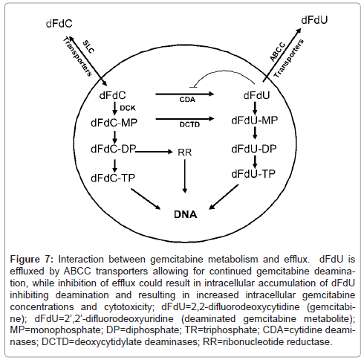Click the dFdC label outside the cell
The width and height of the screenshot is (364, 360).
click(x=59, y=24)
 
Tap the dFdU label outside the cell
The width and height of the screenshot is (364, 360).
click(x=314, y=20)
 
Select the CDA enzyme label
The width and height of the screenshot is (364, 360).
click(x=187, y=100)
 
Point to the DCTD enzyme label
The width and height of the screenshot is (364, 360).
click(x=189, y=124)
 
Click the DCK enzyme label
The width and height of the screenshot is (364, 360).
click(x=128, y=108)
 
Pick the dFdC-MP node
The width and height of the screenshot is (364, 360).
click(x=114, y=123)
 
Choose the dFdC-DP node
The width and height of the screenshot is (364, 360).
click(x=114, y=149)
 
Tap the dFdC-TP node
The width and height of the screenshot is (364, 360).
click(x=113, y=178)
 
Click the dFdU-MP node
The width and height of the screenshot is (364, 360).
click(x=255, y=120)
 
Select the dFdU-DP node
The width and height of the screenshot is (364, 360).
click(x=254, y=149)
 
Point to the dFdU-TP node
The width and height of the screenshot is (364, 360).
click(x=253, y=174)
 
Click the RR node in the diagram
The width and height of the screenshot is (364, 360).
click(x=185, y=152)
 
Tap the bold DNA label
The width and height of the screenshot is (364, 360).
click(x=186, y=214)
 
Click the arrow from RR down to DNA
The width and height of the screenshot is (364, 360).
click(x=185, y=176)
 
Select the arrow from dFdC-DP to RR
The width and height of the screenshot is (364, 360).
click(x=154, y=151)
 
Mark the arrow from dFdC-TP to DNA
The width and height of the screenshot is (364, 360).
click(x=146, y=199)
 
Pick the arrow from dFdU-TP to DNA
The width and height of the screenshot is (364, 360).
click(x=224, y=197)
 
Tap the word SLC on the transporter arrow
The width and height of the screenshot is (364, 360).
click(x=88, y=47)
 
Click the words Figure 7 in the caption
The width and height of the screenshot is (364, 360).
click(x=32, y=260)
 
